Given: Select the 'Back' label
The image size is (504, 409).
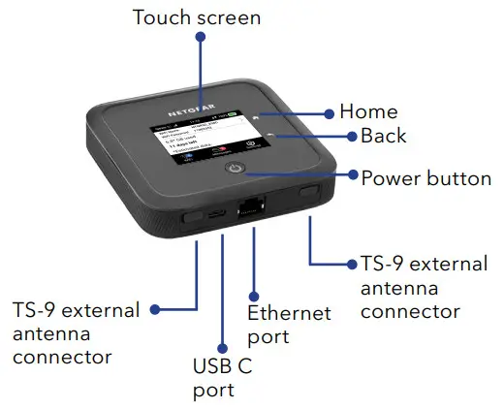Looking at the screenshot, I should tap(383, 137).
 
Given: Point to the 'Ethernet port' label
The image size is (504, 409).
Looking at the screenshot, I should tap(289, 326).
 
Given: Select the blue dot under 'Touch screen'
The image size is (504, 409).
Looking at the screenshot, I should tap(200, 37).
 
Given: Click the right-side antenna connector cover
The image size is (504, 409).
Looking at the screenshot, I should tap(309, 192).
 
